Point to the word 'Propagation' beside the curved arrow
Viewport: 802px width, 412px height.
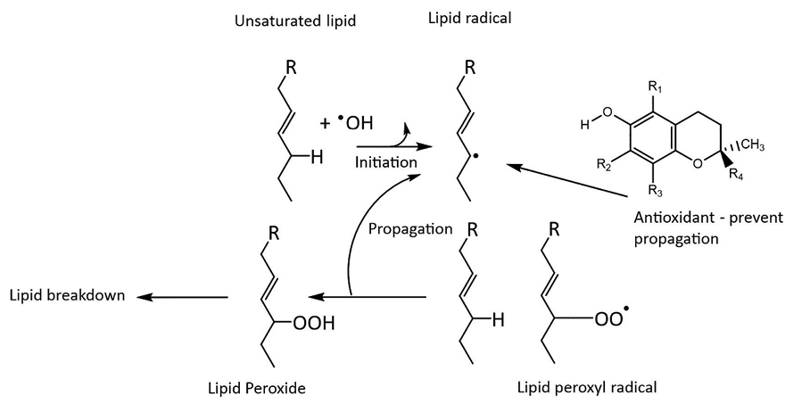410,228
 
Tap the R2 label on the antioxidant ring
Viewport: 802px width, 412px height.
603,165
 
